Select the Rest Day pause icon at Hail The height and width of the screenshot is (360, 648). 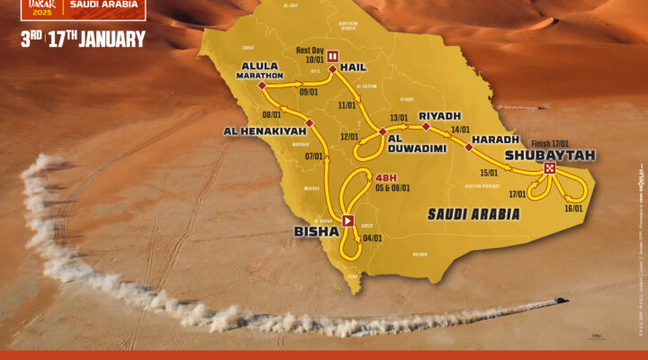point(331,54)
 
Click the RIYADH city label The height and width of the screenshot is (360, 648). point(439,116)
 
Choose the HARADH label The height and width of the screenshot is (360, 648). point(498,139)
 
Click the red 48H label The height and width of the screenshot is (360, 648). point(386,177)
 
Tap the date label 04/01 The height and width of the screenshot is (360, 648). point(373,238)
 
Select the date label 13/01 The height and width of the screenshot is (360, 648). point(399,118)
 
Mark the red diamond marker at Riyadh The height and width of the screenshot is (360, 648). point(426,127)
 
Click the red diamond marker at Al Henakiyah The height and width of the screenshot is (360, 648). point(286,121)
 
